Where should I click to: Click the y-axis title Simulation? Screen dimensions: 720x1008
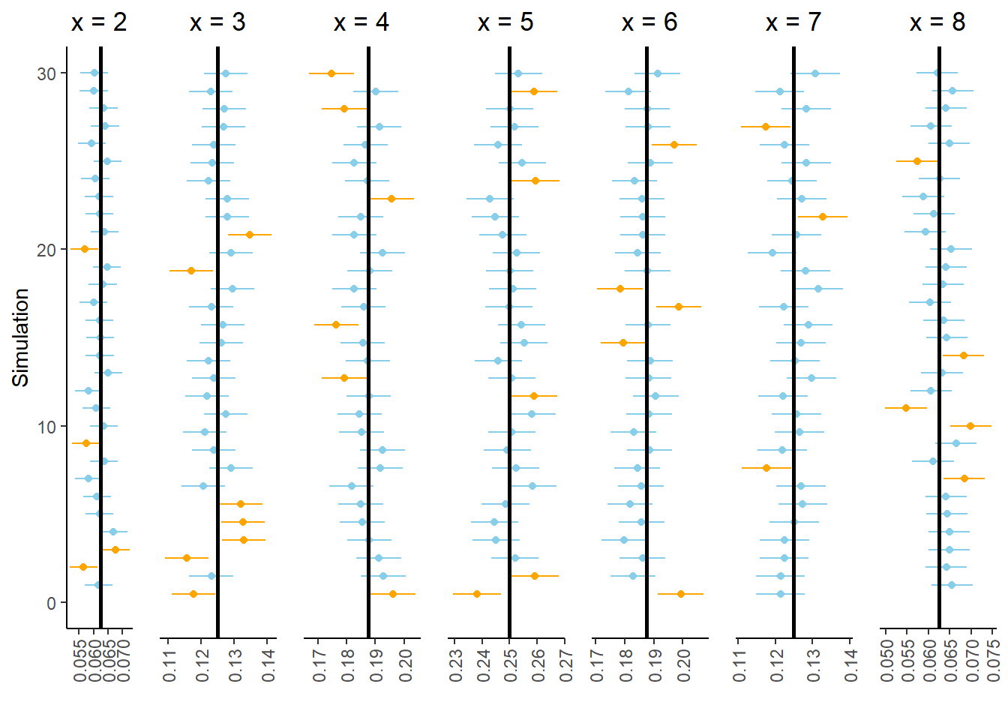(x=20, y=337)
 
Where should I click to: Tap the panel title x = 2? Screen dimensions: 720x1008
(x=99, y=22)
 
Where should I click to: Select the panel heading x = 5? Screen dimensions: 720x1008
(x=505, y=22)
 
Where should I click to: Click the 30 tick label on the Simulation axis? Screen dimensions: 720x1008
(x=46, y=73)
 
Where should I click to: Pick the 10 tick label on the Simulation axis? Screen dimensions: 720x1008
(x=46, y=427)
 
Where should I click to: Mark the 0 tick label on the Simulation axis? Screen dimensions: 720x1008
(x=51, y=603)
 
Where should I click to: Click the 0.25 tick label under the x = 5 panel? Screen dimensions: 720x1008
(x=511, y=665)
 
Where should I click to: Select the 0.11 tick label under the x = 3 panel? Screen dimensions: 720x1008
(x=169, y=665)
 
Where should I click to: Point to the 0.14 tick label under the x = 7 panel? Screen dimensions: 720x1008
(x=850, y=665)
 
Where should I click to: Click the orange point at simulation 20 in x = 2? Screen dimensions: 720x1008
(x=85, y=249)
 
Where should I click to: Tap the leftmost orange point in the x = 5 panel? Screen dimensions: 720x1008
(x=477, y=594)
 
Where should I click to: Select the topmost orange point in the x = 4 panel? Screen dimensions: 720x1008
(x=331, y=73)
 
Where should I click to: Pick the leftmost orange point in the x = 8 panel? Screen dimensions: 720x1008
(x=906, y=408)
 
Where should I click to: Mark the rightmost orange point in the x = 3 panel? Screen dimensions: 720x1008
(x=250, y=235)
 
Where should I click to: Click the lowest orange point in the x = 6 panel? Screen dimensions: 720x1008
(x=681, y=594)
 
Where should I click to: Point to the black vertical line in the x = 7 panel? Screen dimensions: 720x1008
(x=793, y=337)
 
